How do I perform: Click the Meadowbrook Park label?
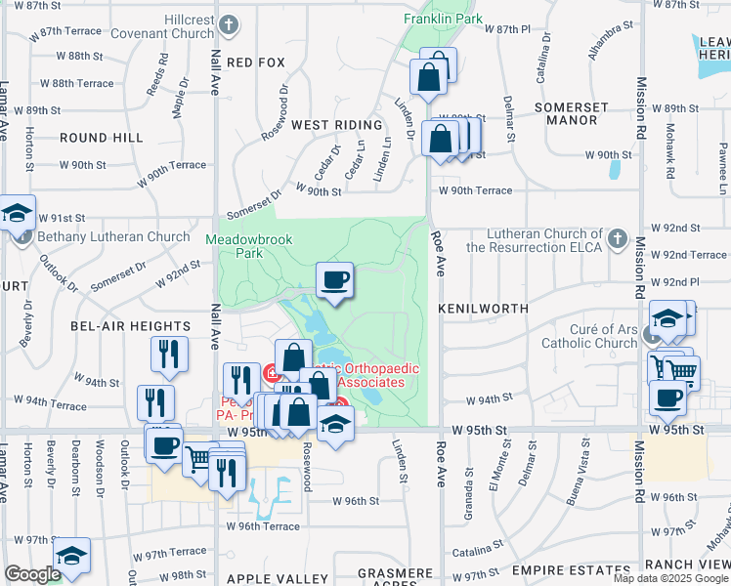236,246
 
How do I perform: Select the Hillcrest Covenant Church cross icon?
228,23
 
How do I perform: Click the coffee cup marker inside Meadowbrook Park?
334,280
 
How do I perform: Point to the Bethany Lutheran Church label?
113,236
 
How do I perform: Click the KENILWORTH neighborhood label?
483,308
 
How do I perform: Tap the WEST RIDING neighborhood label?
336,125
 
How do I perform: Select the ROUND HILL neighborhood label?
101,139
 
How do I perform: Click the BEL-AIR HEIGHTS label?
130,325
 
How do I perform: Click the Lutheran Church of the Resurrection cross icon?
617,237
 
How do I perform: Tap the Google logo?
32,574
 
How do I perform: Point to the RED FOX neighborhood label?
255,62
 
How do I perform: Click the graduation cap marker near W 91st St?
17,212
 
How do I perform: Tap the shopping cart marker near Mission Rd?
682,370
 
